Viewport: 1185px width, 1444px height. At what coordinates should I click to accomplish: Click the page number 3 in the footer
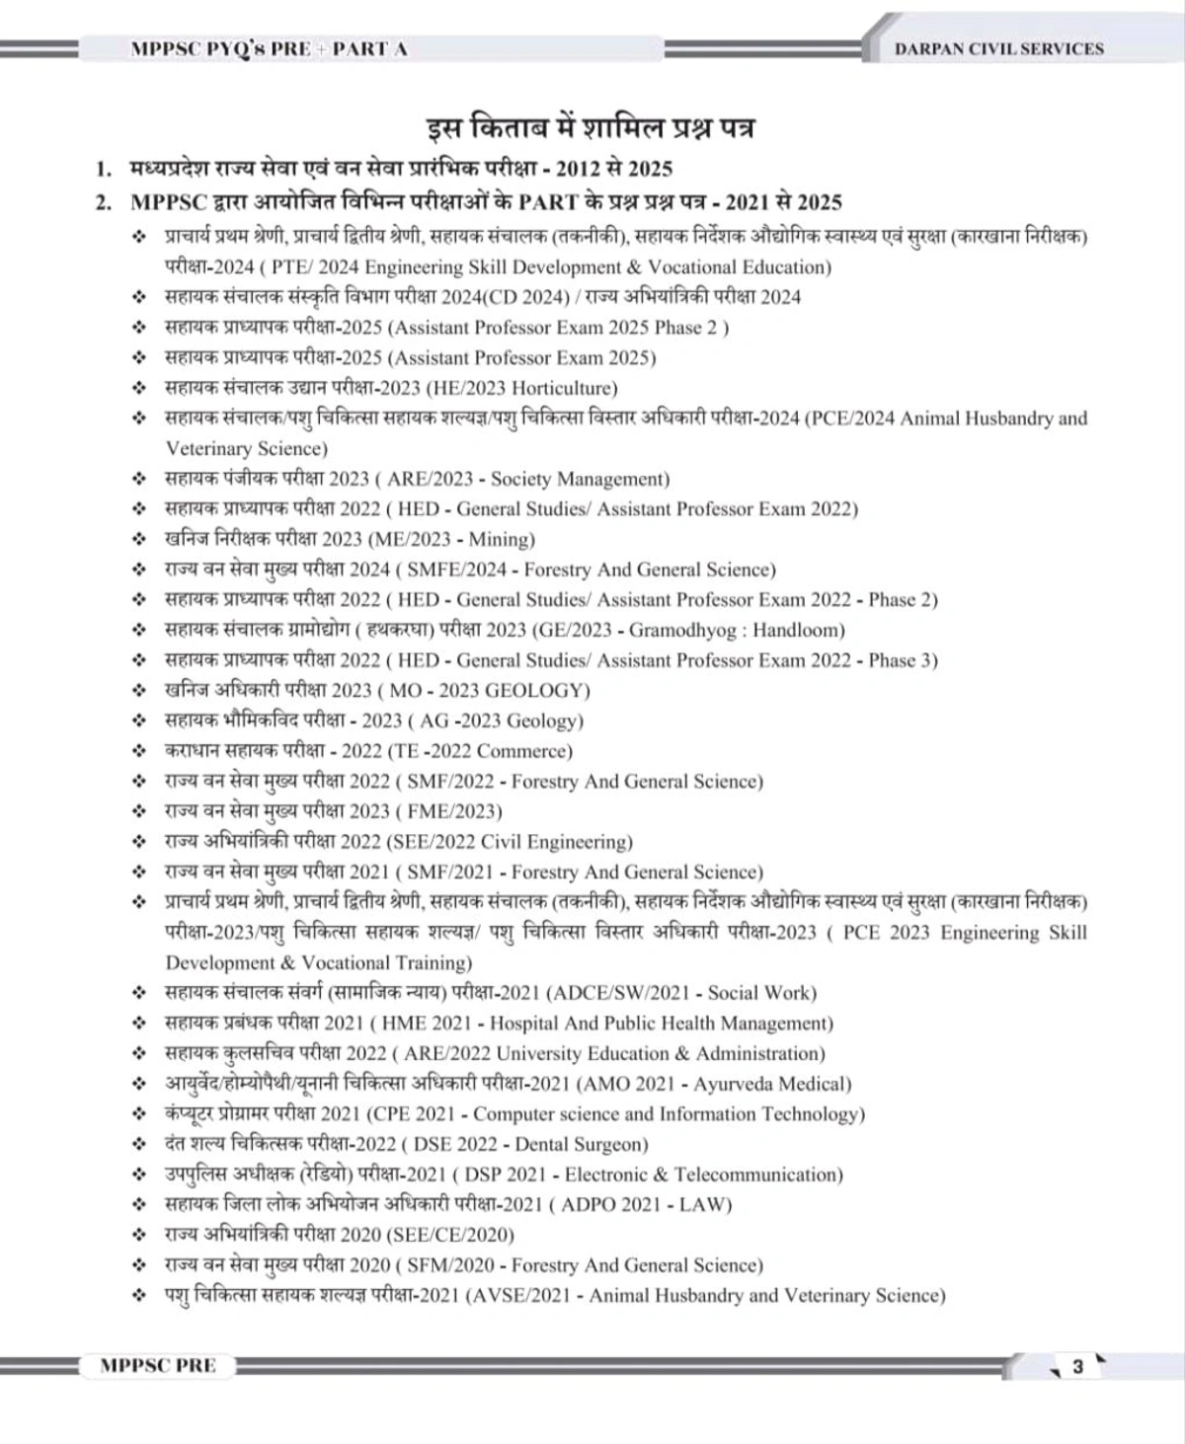point(1077,1367)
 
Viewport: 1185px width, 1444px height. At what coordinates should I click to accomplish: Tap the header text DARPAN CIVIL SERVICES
point(998,48)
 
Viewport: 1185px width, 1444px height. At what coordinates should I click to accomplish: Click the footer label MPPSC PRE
point(158,1366)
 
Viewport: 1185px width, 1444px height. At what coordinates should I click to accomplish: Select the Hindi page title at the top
point(592,128)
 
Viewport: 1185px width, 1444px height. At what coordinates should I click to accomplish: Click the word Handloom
point(798,630)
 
